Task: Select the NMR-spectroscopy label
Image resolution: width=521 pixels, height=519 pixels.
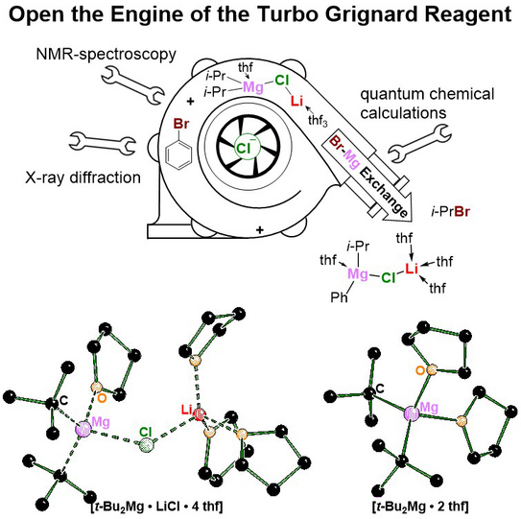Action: (106, 54)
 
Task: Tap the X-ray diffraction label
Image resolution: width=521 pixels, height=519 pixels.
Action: (83, 177)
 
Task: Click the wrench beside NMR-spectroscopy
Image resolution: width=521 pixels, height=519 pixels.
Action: (132, 85)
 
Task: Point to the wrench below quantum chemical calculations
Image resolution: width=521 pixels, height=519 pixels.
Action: (420, 144)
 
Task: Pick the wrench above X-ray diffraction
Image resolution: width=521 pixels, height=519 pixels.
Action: (102, 143)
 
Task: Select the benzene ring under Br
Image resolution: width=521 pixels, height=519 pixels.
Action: (178, 156)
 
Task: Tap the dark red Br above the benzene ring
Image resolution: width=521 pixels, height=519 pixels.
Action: (181, 124)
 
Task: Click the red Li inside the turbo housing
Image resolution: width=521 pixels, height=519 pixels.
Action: (296, 101)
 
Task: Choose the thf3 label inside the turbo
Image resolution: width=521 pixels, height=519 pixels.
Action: (318, 120)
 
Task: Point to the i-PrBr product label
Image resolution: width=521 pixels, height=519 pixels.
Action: (451, 212)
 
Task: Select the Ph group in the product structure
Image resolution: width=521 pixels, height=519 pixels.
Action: (339, 296)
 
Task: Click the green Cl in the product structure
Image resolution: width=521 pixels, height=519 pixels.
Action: (389, 277)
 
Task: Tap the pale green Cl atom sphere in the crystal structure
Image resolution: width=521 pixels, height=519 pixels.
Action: (147, 445)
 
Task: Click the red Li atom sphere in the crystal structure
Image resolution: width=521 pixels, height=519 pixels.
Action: (199, 414)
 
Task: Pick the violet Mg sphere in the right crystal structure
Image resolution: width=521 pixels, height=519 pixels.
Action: (412, 413)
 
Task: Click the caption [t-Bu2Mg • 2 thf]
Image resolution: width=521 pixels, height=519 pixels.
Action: (420, 507)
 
